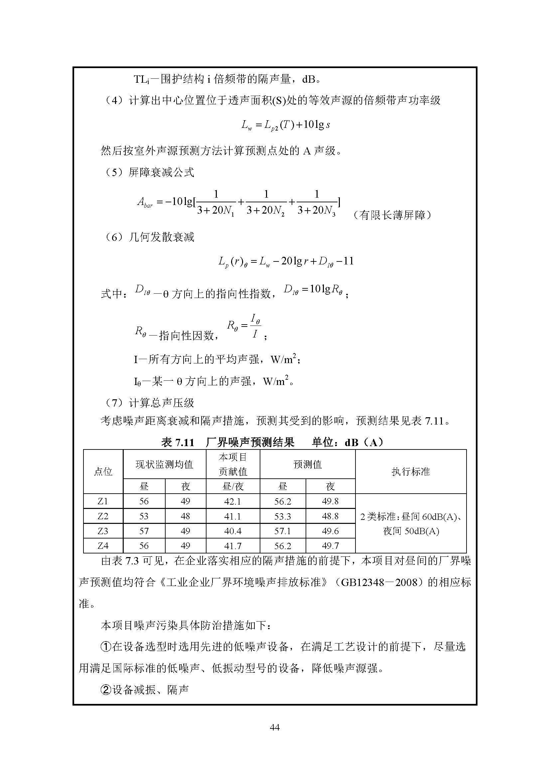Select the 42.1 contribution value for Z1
point(232,501)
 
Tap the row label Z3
point(103,531)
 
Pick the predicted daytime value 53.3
point(282,517)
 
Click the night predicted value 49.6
point(330,531)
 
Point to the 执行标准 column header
point(410,471)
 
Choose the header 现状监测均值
point(164,464)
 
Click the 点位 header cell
point(103,471)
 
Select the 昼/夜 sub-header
point(233,486)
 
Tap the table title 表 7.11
point(178,442)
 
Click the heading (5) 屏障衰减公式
point(149,172)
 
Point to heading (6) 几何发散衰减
point(149,237)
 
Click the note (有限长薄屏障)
point(392,215)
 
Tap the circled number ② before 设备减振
point(106,690)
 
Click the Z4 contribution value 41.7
point(232,546)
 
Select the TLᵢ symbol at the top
point(141,79)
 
